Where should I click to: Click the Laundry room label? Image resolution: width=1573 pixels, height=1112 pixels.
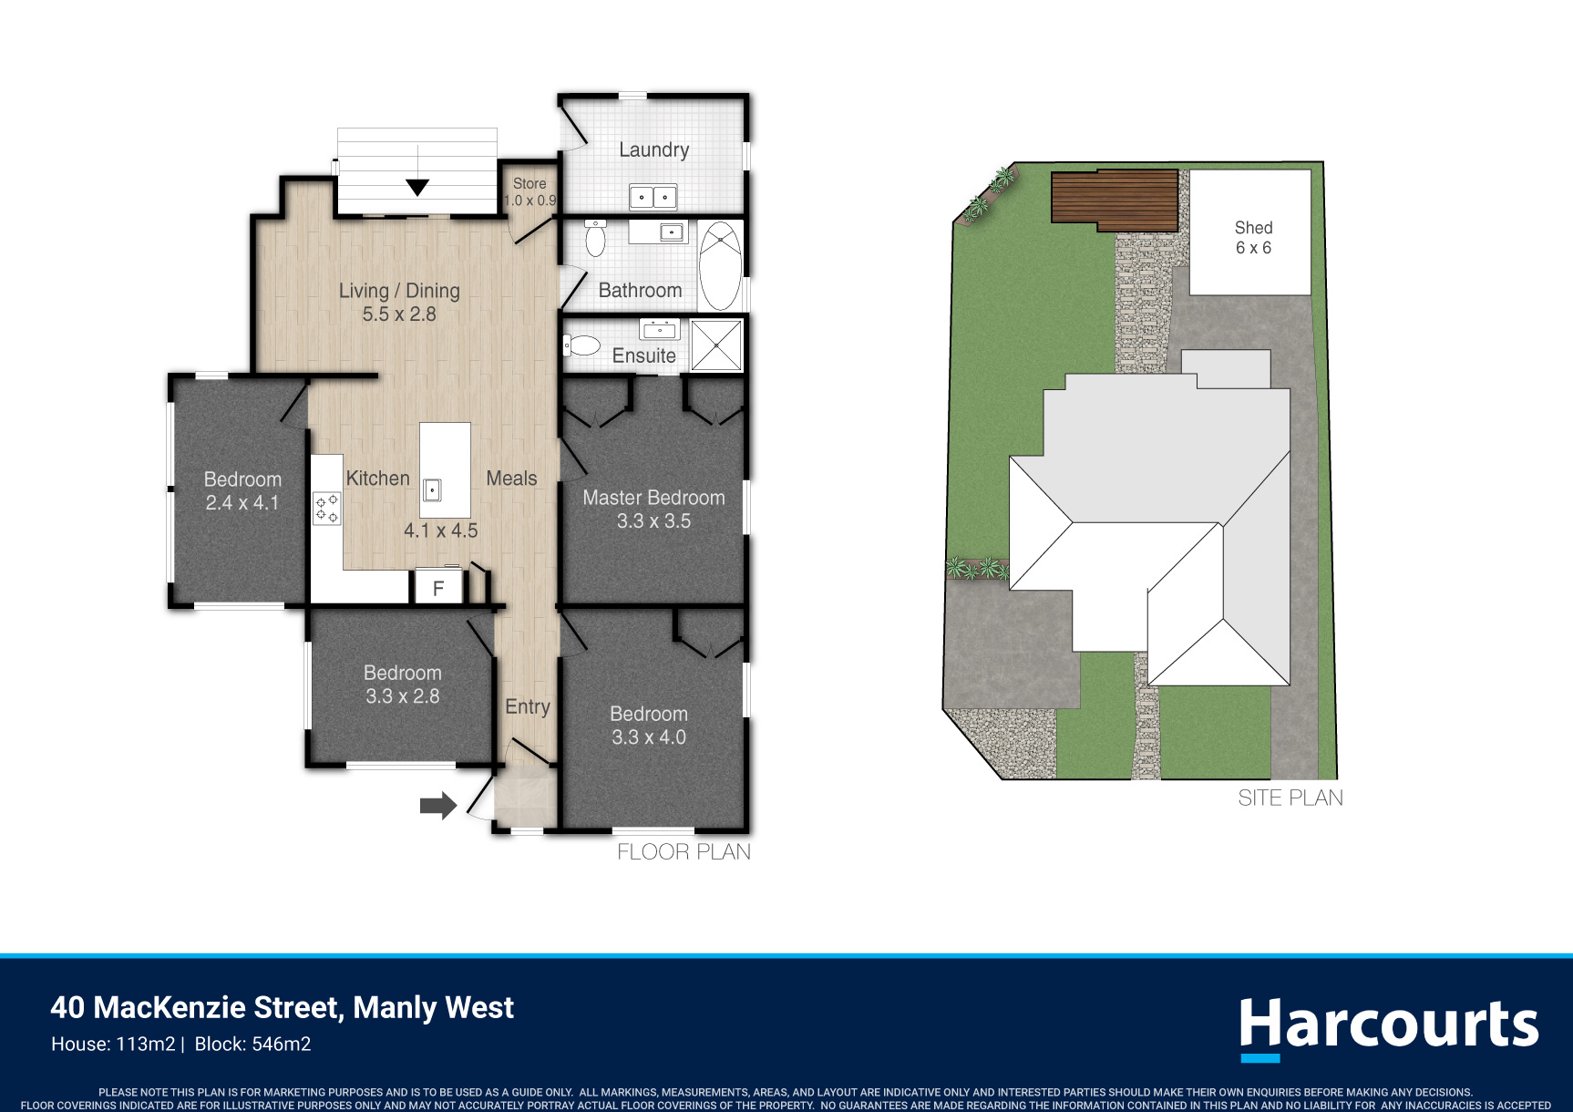(653, 150)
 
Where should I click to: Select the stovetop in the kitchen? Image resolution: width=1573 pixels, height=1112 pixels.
(327, 509)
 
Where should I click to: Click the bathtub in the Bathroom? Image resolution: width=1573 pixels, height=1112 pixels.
(721, 266)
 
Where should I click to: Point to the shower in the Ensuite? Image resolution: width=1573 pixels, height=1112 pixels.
(716, 345)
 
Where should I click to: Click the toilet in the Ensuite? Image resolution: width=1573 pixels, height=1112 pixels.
(582, 345)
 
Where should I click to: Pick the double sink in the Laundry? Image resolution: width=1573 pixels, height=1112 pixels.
(653, 197)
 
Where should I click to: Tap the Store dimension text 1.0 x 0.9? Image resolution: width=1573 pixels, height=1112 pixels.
(529, 201)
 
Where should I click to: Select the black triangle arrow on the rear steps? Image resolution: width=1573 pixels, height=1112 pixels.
(417, 188)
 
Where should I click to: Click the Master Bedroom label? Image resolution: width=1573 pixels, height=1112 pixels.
(653, 498)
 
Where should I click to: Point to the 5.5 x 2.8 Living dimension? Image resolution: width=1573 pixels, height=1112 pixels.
(399, 314)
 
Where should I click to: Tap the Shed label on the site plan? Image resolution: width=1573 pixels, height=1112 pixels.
(1253, 228)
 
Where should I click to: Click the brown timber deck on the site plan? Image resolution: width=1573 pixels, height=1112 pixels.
(1115, 201)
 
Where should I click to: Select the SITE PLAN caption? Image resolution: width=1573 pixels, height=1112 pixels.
(1290, 798)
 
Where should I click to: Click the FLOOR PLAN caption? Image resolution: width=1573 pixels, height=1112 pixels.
(684, 852)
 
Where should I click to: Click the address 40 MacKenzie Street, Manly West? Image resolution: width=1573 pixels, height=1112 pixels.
(283, 1007)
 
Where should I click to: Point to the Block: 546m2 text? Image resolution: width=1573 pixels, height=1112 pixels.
(253, 1045)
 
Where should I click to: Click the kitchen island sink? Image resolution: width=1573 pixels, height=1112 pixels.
(433, 490)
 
